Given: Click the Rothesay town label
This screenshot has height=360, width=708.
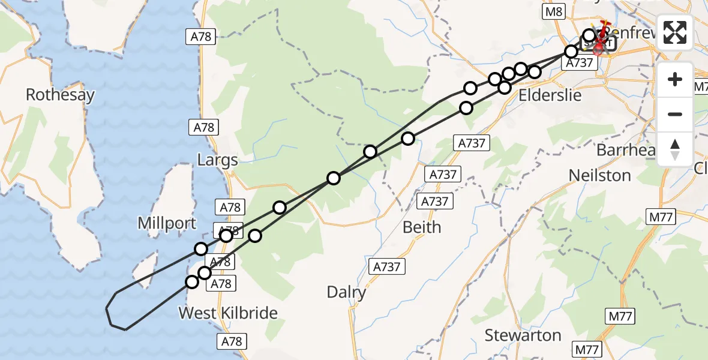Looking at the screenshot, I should click(60, 95).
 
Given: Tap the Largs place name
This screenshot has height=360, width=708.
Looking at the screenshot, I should click(218, 160).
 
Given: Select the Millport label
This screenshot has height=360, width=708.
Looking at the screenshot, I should click(167, 223).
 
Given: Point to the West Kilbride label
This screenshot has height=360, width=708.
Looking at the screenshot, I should click(228, 313).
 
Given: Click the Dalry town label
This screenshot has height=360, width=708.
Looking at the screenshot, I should click(346, 292).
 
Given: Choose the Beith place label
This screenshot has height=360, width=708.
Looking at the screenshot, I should click(422, 227).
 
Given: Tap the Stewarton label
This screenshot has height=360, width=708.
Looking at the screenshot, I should click(523, 334).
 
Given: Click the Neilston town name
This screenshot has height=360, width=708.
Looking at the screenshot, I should click(599, 175).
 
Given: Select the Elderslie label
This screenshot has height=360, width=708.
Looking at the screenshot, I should click(550, 95).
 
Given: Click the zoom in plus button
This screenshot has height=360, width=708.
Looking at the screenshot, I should click(675, 80).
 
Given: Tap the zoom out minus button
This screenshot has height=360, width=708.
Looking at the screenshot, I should click(675, 114).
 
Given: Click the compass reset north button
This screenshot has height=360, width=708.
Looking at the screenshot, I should click(675, 148).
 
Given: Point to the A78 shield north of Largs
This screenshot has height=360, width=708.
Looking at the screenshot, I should click(202, 37).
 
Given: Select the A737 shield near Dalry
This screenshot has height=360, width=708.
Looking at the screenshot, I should click(387, 266).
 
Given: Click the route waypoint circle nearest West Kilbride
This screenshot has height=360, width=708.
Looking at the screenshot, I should click(192, 282).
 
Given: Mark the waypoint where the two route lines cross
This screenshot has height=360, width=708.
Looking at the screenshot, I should click(334, 178).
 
